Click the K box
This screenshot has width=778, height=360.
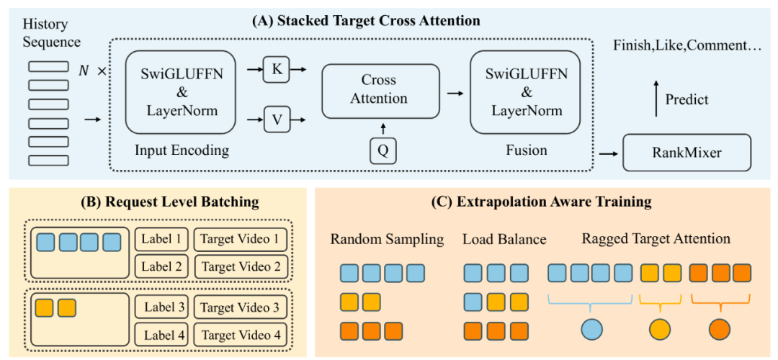[x=277, y=70]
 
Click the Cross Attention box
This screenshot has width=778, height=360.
[x=379, y=90]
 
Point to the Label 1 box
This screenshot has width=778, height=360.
[x=162, y=239]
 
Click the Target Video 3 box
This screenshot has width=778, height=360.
[x=241, y=308]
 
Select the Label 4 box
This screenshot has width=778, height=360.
[x=162, y=335]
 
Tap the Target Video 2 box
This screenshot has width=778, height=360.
[x=241, y=266]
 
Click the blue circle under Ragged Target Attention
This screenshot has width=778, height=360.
[x=591, y=330]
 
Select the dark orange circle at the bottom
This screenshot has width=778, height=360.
[x=720, y=330]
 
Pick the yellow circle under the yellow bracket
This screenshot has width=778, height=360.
[x=660, y=330]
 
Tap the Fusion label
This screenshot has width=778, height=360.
[x=526, y=150]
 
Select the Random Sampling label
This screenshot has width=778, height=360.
[x=387, y=239]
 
